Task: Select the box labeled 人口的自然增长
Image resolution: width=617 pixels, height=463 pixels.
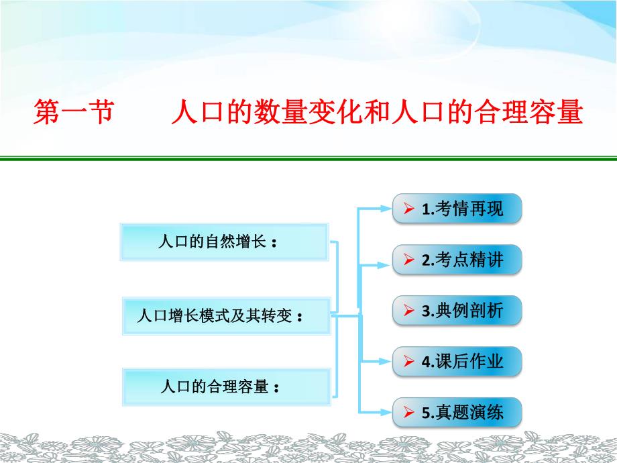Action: pyautogui.click(x=224, y=242)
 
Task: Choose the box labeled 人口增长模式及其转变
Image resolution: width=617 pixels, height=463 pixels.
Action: pyautogui.click(x=226, y=315)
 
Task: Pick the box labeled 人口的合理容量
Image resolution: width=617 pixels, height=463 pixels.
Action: pyautogui.click(x=226, y=387)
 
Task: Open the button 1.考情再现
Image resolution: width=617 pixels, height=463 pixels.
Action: pyautogui.click(x=457, y=209)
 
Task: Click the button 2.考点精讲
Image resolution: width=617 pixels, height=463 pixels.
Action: pyautogui.click(x=457, y=260)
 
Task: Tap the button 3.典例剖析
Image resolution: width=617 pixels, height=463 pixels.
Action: pyautogui.click(x=457, y=311)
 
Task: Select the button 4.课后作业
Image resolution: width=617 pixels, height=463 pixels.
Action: pyautogui.click(x=457, y=362)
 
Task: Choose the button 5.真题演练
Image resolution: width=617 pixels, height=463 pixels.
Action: pyautogui.click(x=457, y=413)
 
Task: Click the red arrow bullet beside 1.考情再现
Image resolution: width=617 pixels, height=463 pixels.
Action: pyautogui.click(x=408, y=209)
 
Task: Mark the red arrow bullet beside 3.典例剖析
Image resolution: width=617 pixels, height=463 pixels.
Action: pyautogui.click(x=408, y=311)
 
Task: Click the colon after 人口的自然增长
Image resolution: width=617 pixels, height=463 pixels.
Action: pyautogui.click(x=275, y=244)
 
